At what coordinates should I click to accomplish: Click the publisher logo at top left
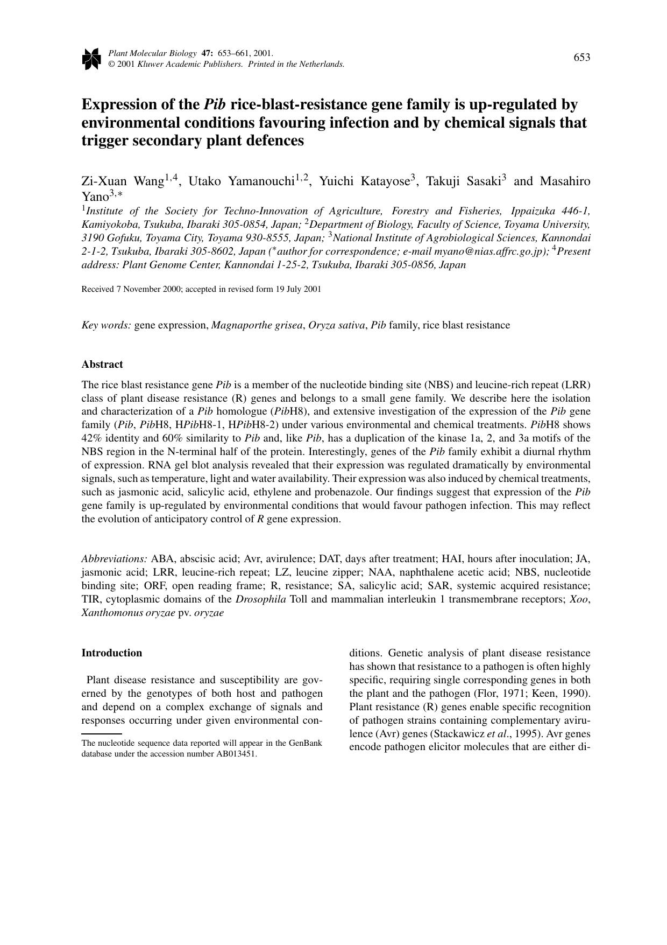pos(91,59)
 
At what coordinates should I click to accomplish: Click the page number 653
pos(581,58)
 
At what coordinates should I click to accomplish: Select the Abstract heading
pos(102,365)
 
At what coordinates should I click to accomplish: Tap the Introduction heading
pos(112,653)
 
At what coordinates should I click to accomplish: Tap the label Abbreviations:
pos(114,559)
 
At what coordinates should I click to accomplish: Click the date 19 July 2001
pos(298,289)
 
